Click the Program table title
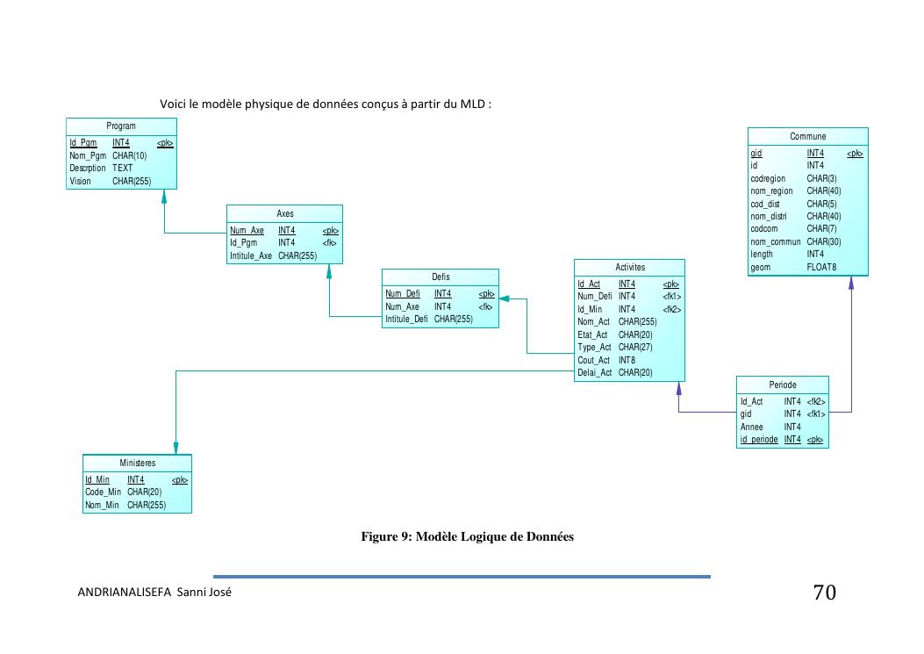pos(121,126)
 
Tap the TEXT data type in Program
pos(123,168)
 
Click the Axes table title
pos(284,213)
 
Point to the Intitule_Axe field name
pos(251,255)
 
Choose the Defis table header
pos(441,277)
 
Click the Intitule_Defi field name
pos(406,320)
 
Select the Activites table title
pos(629,267)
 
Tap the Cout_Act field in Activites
pos(593,360)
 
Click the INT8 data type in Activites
pos(627,360)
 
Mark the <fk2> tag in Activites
pos(671,309)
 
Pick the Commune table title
pos(807,136)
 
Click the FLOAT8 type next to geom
pos(821,267)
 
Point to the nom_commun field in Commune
pos(776,241)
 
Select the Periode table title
pos(783,384)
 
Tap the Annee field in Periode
pos(751,427)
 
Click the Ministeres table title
pos(137,463)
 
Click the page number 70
pos(824,593)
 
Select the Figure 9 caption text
pos(468,536)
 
